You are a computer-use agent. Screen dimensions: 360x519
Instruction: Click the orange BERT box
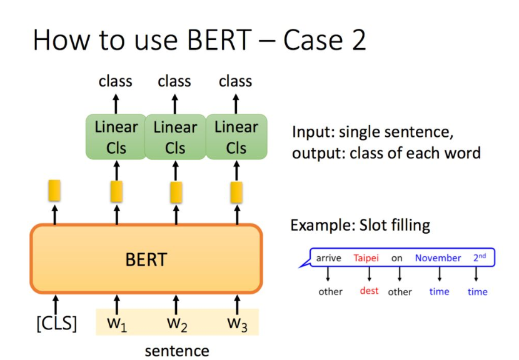click(x=146, y=259)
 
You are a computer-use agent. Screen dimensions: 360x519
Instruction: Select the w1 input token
click(x=116, y=324)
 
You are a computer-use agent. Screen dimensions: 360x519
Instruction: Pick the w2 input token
click(x=176, y=324)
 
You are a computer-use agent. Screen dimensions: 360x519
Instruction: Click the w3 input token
click(x=236, y=324)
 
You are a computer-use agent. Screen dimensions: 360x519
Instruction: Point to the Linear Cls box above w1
click(x=116, y=137)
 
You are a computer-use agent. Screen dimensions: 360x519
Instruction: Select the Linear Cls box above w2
click(x=175, y=137)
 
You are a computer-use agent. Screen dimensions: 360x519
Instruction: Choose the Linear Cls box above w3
click(x=236, y=137)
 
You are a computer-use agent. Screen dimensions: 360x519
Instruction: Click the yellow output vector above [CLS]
click(x=55, y=191)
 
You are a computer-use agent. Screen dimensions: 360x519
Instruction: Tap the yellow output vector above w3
click(x=236, y=191)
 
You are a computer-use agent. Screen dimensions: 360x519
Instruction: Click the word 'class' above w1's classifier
click(x=115, y=81)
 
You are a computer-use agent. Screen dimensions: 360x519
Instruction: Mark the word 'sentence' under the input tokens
click(x=177, y=351)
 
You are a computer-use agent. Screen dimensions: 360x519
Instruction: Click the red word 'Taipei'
click(x=366, y=258)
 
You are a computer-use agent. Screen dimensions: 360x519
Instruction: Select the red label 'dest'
click(x=369, y=291)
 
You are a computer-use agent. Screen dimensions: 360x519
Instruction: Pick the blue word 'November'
click(x=438, y=258)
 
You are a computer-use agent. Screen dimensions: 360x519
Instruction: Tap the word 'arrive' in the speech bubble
click(x=328, y=258)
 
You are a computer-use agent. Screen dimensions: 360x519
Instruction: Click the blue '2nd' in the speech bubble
click(x=479, y=257)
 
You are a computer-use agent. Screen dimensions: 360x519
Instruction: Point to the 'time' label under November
click(x=439, y=291)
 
